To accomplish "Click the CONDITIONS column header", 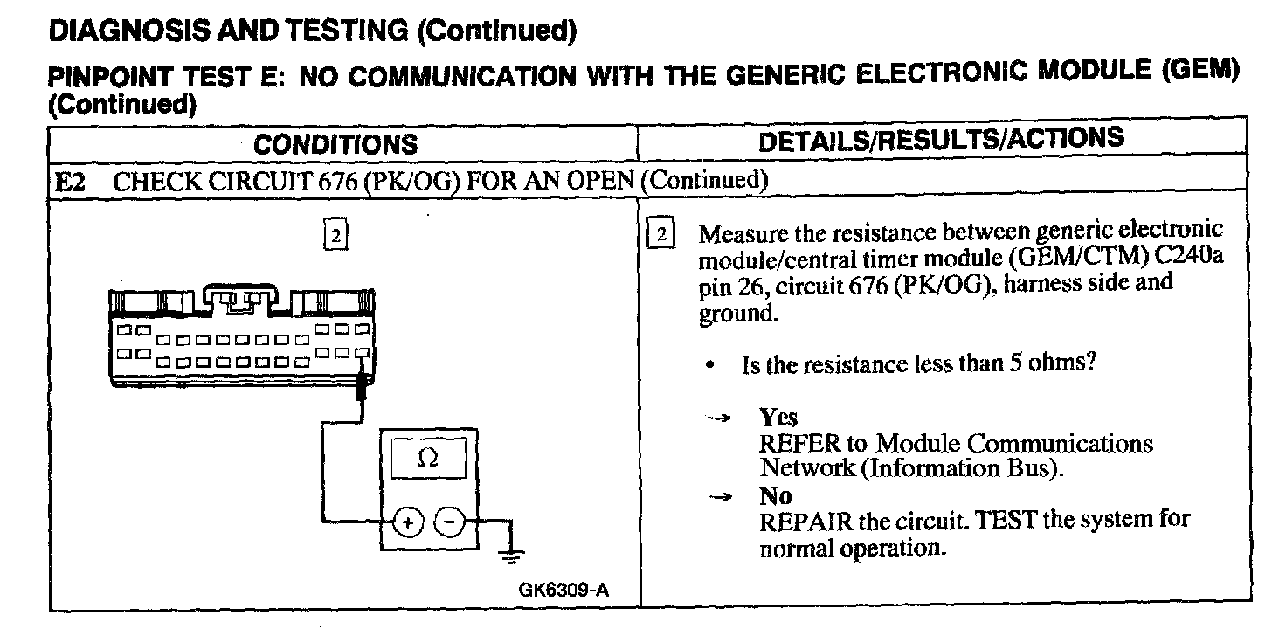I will click(x=335, y=144).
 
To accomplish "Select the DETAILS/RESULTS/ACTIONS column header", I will click(x=942, y=140).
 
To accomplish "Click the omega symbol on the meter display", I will click(x=428, y=458).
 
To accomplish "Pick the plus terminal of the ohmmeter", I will click(x=408, y=523).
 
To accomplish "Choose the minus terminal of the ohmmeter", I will click(x=450, y=523).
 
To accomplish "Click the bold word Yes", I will click(x=778, y=418).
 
